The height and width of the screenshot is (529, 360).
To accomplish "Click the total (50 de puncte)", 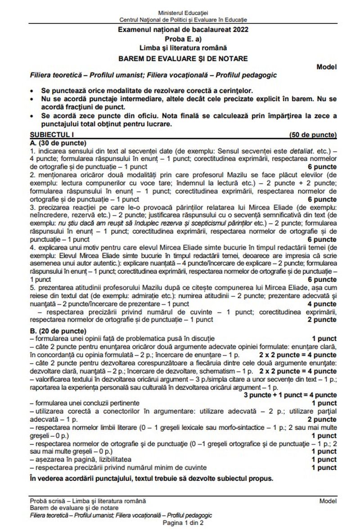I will tap(312, 134).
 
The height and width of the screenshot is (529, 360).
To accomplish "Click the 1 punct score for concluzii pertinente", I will tap(324, 403).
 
